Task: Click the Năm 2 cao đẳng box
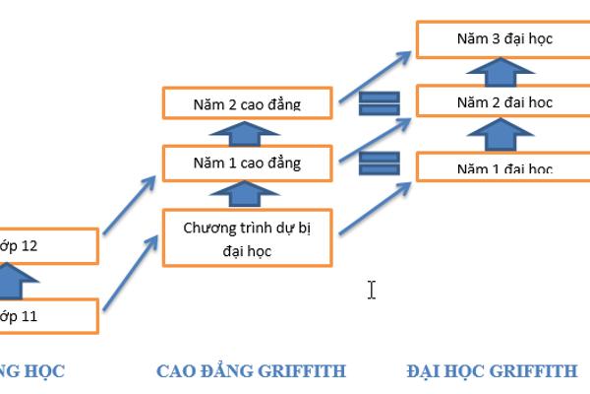coord(248,103)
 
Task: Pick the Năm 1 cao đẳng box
coord(248,163)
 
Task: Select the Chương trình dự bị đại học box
coord(248,238)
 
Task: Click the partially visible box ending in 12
coord(49,245)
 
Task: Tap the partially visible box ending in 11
coord(49,317)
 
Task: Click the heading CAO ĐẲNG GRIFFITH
coord(251,371)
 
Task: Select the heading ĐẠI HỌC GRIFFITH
coord(492,371)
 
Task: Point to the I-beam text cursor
coord(372,290)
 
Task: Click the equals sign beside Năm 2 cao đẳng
coord(378,102)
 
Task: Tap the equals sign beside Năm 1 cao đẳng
coord(378,163)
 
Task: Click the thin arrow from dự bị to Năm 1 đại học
coord(375,205)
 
